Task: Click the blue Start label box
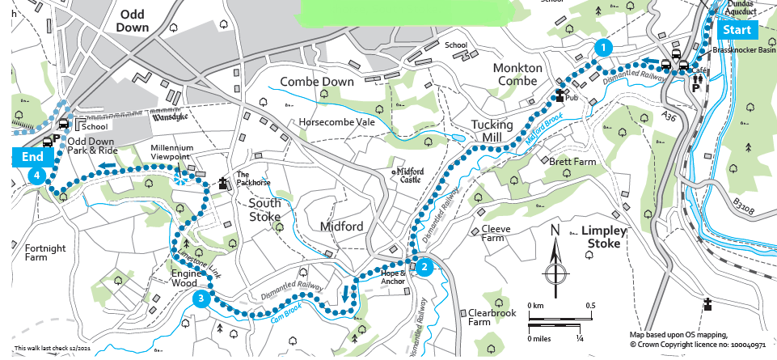737,30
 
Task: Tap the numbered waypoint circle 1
601,48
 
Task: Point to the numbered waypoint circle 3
201,300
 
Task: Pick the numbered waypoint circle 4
35,176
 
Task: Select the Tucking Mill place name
492,131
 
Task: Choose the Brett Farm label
572,162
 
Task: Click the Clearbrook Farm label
491,316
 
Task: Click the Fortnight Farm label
45,253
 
